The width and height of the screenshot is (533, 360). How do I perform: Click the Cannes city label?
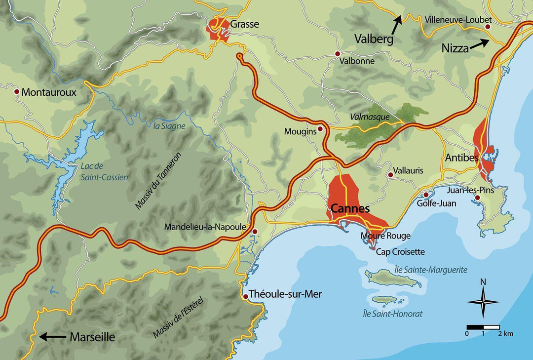click(x=350, y=209)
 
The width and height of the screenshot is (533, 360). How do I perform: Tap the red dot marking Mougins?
click(x=320, y=129)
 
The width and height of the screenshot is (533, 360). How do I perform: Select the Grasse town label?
click(x=244, y=24)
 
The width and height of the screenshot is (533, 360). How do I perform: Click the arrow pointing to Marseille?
click(x=53, y=337)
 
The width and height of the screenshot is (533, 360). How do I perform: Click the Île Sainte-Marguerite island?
click(x=392, y=279)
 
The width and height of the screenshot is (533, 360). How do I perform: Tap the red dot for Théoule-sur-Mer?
click(x=246, y=296)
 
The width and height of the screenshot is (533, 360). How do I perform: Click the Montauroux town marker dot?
click(x=16, y=92)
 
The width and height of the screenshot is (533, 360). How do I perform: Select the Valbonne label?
click(x=357, y=61)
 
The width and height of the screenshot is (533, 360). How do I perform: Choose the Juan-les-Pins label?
click(x=470, y=190)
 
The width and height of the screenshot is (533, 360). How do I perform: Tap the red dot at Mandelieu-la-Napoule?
click(x=255, y=231)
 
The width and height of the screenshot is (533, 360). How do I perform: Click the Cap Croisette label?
click(x=400, y=252)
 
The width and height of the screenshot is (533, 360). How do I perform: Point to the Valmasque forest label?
click(x=369, y=117)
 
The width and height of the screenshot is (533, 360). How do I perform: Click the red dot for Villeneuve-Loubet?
click(x=488, y=26)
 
